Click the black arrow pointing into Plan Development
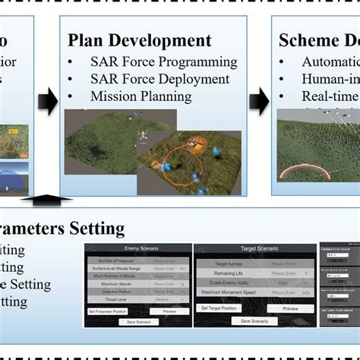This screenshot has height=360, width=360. click(x=49, y=101)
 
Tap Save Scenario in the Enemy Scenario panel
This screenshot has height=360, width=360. click(x=137, y=322)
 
